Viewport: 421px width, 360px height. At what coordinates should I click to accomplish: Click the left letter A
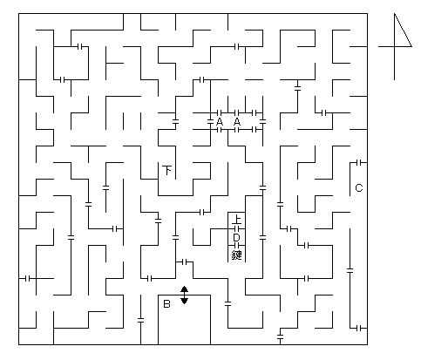pyautogui.click(x=220, y=122)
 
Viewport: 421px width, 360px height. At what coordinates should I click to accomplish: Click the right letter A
pyautogui.click(x=237, y=122)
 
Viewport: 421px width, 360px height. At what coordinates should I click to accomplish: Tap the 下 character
pyautogui.click(x=167, y=170)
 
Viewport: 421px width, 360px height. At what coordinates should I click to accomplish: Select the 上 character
pyautogui.click(x=237, y=219)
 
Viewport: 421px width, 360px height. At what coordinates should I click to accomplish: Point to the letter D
pyautogui.click(x=236, y=238)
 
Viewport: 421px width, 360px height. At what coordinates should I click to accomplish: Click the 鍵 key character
pyautogui.click(x=237, y=255)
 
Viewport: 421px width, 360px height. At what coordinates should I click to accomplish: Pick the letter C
pyautogui.click(x=359, y=188)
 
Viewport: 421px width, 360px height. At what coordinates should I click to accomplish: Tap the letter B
pyautogui.click(x=166, y=304)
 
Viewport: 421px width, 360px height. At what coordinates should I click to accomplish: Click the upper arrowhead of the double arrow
pyautogui.click(x=184, y=289)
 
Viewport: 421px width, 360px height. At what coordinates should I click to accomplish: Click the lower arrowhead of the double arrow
pyautogui.click(x=184, y=301)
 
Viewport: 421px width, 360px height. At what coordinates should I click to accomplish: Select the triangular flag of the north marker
pyautogui.click(x=403, y=30)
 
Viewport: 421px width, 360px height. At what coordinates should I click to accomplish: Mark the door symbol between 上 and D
pyautogui.click(x=236, y=229)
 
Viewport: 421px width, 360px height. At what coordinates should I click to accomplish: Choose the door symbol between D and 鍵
pyautogui.click(x=236, y=246)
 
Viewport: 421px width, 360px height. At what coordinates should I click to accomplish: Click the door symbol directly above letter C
pyautogui.click(x=359, y=163)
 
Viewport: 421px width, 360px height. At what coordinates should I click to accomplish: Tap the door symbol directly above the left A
pyautogui.click(x=220, y=112)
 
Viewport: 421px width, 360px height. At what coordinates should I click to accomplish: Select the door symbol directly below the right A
pyautogui.click(x=236, y=130)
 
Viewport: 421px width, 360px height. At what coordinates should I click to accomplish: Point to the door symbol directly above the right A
pyautogui.click(x=236, y=112)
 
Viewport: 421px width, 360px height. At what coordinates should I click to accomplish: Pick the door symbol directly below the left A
pyautogui.click(x=220, y=130)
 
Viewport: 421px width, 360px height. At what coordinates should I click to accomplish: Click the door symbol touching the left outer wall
pyautogui.click(x=28, y=279)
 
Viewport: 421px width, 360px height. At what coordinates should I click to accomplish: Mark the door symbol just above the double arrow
pyautogui.click(x=184, y=262)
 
